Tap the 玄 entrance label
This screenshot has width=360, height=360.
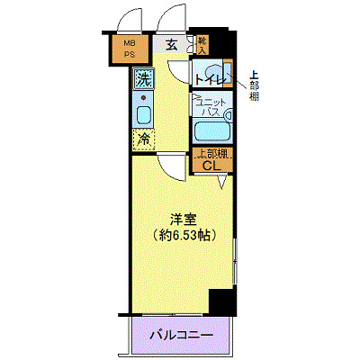pyautogui.click(x=170, y=43)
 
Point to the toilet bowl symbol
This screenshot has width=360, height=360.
pyautogui.click(x=215, y=74)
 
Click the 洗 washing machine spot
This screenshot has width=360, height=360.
pyautogui.click(x=143, y=79)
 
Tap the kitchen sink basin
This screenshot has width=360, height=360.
pyautogui.click(x=143, y=115)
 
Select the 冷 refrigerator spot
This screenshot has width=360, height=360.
pyautogui.click(x=143, y=139)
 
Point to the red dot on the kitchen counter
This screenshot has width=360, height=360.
pyautogui.click(x=143, y=94)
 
